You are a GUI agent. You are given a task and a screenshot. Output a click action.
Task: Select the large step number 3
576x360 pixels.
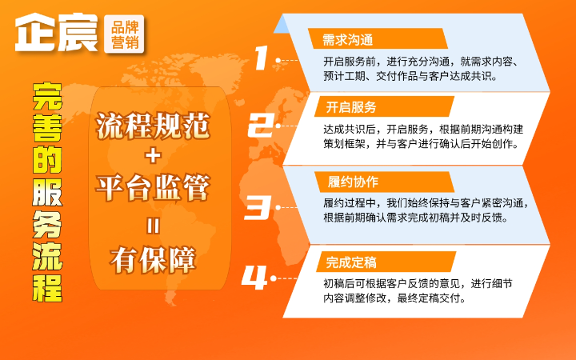(259, 207)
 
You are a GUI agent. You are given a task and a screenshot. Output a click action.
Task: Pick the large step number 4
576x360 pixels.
(254, 278)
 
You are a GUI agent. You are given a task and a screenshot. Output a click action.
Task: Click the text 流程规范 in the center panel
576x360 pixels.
(153, 124)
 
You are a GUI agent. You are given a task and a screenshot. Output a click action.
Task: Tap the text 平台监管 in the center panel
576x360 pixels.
(153, 189)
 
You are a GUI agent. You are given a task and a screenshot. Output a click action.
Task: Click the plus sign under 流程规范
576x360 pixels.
(153, 156)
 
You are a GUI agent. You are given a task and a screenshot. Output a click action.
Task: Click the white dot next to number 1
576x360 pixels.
(278, 60)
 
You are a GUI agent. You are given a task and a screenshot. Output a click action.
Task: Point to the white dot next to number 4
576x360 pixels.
(274, 278)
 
